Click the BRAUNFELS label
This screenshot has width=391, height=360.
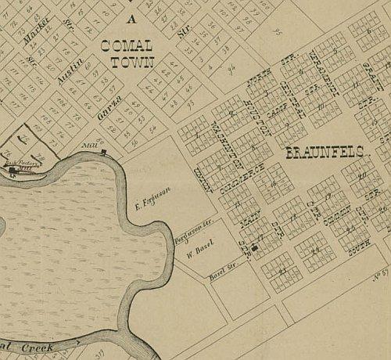[x=321, y=153]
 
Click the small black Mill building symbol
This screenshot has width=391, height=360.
[x=104, y=153]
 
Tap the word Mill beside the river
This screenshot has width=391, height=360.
[x=88, y=146]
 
